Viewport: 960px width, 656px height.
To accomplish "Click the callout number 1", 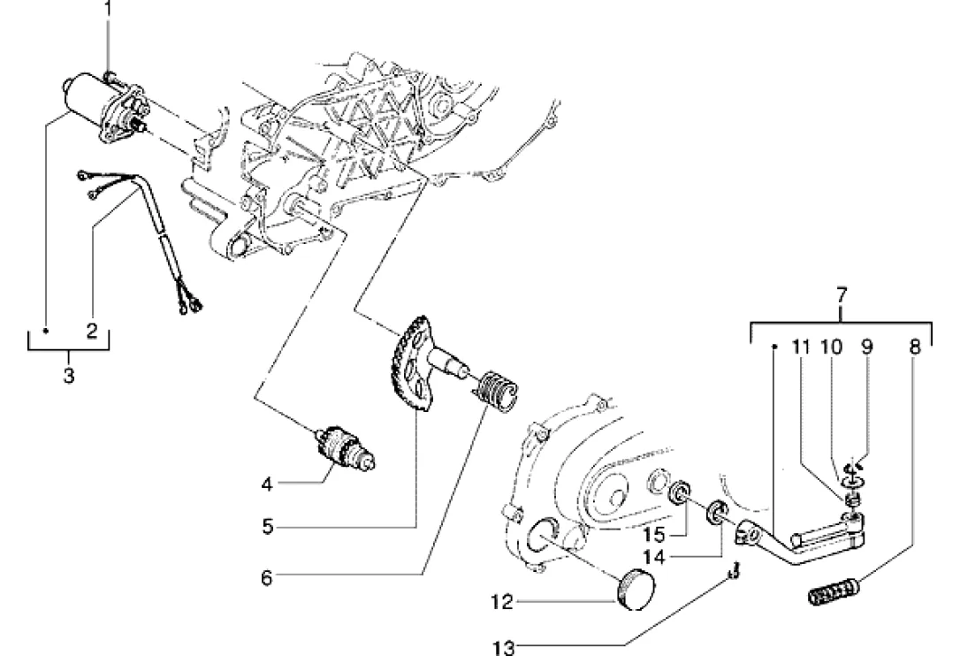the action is (109, 9).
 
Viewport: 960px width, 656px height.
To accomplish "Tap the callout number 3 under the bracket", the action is (69, 375).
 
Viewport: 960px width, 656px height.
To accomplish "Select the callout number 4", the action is (266, 484).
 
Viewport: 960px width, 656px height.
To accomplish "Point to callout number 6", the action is (266, 577).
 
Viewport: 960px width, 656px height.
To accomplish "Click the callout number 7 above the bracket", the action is (842, 295).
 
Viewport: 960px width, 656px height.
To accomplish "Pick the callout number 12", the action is (502, 603).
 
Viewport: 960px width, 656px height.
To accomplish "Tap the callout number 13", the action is (504, 646).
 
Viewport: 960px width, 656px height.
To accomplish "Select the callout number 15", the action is (654, 535).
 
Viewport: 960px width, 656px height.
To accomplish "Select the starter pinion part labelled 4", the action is (344, 448).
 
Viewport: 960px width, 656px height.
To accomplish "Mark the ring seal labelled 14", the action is (716, 512).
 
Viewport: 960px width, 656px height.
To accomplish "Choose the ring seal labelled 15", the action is (679, 493).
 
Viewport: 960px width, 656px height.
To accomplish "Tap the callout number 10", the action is (832, 347).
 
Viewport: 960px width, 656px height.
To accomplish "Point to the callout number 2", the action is (92, 332).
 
